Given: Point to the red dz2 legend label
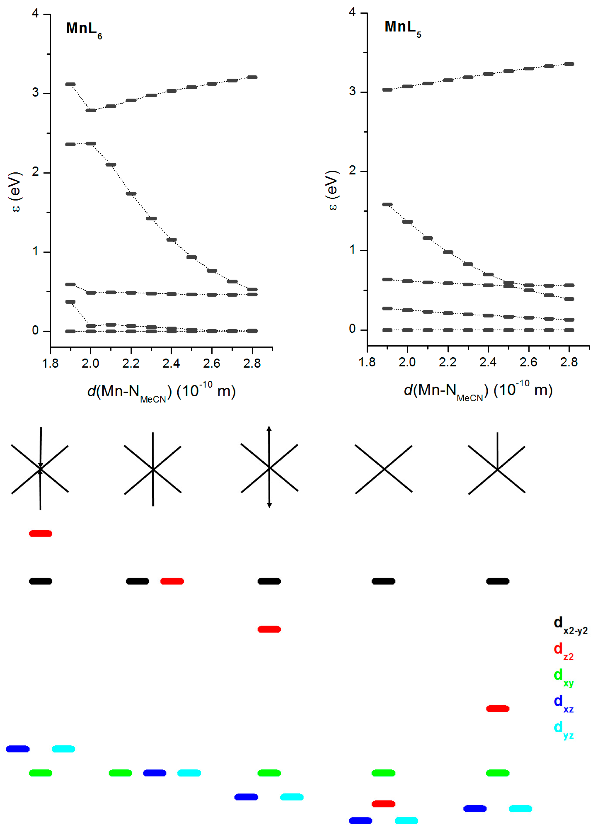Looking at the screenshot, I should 563,651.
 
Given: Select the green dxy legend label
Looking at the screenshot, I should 563,677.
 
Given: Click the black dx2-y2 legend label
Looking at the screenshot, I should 570,625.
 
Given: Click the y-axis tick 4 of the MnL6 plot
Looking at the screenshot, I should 35,14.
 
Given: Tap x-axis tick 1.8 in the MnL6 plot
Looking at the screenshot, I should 50,364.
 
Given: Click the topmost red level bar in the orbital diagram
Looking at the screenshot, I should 41,533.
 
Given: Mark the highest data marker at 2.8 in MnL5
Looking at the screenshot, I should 569,64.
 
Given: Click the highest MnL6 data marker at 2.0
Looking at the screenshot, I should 91,110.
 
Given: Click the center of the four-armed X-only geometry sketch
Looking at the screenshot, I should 384,469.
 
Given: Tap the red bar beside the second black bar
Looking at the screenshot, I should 172,581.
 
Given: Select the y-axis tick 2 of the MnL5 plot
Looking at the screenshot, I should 352,171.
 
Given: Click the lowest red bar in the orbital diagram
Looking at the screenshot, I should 383,804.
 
